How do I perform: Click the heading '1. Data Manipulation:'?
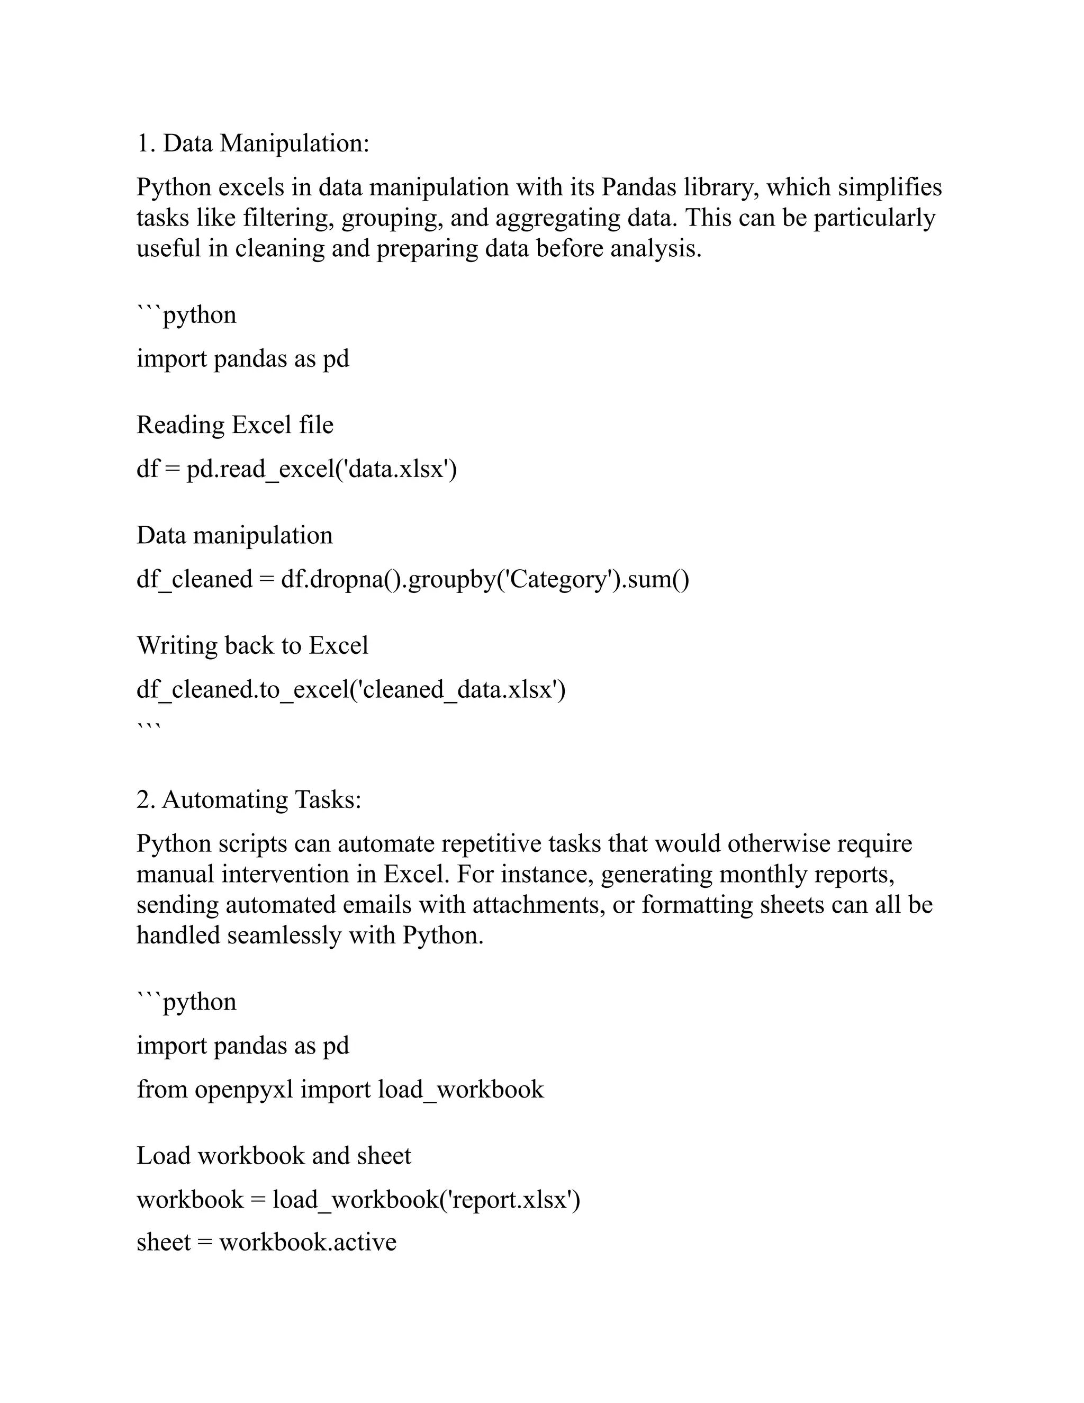coord(253,142)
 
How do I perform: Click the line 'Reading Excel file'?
coord(235,425)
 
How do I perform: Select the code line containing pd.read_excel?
coord(297,469)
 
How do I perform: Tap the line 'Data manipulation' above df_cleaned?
coord(235,535)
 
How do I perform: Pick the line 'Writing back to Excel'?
coord(252,645)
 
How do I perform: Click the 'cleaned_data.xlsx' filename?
coord(458,689)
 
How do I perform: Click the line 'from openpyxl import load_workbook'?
coord(340,1089)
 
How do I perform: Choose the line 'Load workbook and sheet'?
coord(274,1156)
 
